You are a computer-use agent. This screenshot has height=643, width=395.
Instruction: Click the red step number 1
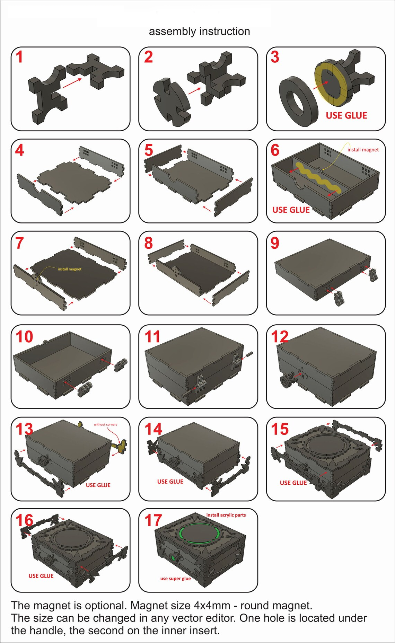click(x=19, y=57)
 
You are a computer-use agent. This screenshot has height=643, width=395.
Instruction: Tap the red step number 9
click(x=275, y=243)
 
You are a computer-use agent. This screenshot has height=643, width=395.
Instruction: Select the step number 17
click(x=153, y=520)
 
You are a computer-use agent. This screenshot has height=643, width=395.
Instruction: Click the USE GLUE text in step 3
click(x=346, y=115)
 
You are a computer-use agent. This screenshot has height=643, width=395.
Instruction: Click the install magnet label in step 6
click(x=363, y=150)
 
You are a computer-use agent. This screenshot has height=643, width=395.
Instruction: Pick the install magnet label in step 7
click(x=70, y=269)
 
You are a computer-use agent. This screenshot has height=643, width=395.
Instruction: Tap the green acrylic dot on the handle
click(x=172, y=558)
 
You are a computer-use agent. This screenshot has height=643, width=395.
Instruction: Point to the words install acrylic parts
click(x=226, y=515)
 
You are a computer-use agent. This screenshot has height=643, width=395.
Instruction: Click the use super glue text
click(x=175, y=579)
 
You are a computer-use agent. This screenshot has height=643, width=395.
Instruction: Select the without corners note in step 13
click(x=105, y=424)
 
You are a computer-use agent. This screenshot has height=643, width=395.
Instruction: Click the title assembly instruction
click(x=199, y=32)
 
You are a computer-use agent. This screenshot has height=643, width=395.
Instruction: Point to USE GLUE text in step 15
click(x=293, y=483)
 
